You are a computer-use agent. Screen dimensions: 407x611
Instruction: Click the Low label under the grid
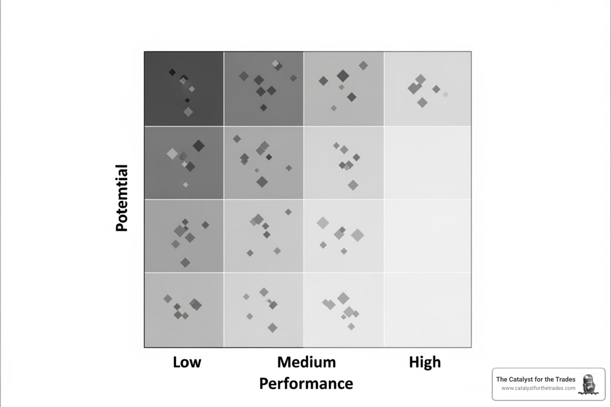pos(187,362)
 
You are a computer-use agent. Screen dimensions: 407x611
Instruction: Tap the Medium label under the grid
pos(306,362)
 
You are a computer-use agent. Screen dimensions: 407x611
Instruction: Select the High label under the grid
pos(425,362)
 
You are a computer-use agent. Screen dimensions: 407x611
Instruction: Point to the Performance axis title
pos(306,384)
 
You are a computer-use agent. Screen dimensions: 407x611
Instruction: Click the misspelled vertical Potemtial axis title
pos(122,198)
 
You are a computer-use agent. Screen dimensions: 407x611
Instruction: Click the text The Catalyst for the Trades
pos(535,379)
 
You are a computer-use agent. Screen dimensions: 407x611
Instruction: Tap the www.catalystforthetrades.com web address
pos(538,388)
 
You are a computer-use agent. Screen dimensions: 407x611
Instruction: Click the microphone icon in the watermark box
pos(589,384)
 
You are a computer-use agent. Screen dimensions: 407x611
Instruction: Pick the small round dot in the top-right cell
pos(446,95)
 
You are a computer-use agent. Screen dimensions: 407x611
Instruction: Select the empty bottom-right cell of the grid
pos(428,310)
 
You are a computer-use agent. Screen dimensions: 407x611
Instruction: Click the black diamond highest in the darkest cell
pos(172,72)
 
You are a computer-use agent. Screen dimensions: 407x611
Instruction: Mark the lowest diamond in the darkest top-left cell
pos(188,112)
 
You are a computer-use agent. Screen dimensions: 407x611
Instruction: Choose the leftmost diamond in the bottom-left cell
pos(168,298)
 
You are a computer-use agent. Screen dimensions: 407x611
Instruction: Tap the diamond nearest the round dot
pos(436,89)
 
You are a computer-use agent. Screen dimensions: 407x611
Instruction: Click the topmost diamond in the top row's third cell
pos(363,66)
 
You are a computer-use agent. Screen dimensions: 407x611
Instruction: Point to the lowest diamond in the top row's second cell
pos(263,107)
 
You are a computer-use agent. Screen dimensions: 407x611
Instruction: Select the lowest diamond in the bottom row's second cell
pos(272,328)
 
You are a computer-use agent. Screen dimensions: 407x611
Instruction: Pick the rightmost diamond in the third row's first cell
pos(205,225)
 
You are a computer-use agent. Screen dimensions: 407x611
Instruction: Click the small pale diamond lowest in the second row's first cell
pos(185,184)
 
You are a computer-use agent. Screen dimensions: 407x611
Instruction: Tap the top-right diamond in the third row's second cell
pos(288,212)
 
